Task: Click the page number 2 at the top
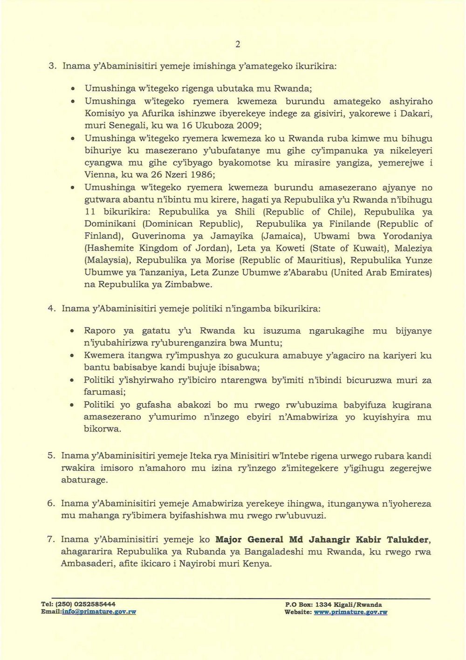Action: coord(238,44)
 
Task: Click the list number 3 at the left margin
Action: coord(52,66)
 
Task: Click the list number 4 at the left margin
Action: coord(52,309)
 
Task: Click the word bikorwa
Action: coord(102,429)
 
